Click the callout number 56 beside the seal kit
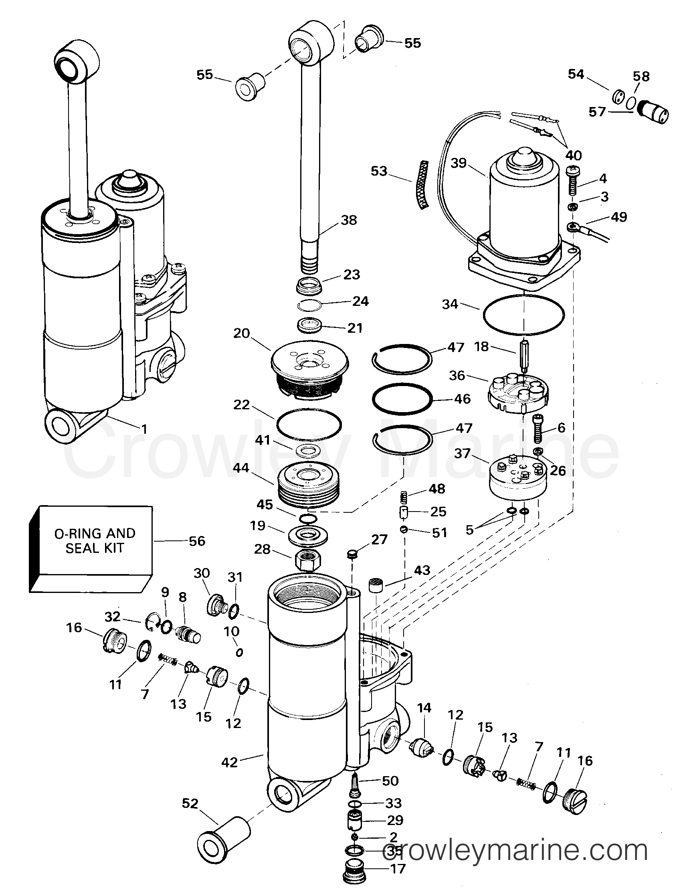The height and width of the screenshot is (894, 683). (197, 541)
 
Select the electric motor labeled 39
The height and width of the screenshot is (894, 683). (523, 211)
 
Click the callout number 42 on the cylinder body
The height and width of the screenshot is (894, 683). (229, 762)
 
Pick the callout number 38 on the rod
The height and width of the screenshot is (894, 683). (349, 220)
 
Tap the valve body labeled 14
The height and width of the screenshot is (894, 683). (423, 747)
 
